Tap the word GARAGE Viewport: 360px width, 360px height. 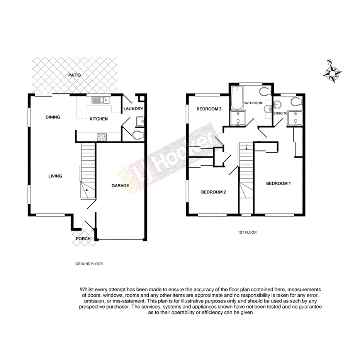[x=120, y=186]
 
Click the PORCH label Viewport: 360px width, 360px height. [x=83, y=239]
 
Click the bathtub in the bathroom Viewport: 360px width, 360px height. [x=236, y=98]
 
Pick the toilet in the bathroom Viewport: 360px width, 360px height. [x=265, y=92]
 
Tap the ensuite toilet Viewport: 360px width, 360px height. [x=295, y=101]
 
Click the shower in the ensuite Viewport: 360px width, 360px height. [x=295, y=119]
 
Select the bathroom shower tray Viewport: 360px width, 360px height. [x=237, y=119]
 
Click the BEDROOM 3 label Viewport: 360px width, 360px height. [x=209, y=109]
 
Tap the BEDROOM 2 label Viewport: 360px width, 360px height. [x=213, y=192]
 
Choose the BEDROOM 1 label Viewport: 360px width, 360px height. [x=278, y=183]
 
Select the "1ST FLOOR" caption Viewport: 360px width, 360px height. [x=247, y=233]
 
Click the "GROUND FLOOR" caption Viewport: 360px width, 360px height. [x=89, y=264]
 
